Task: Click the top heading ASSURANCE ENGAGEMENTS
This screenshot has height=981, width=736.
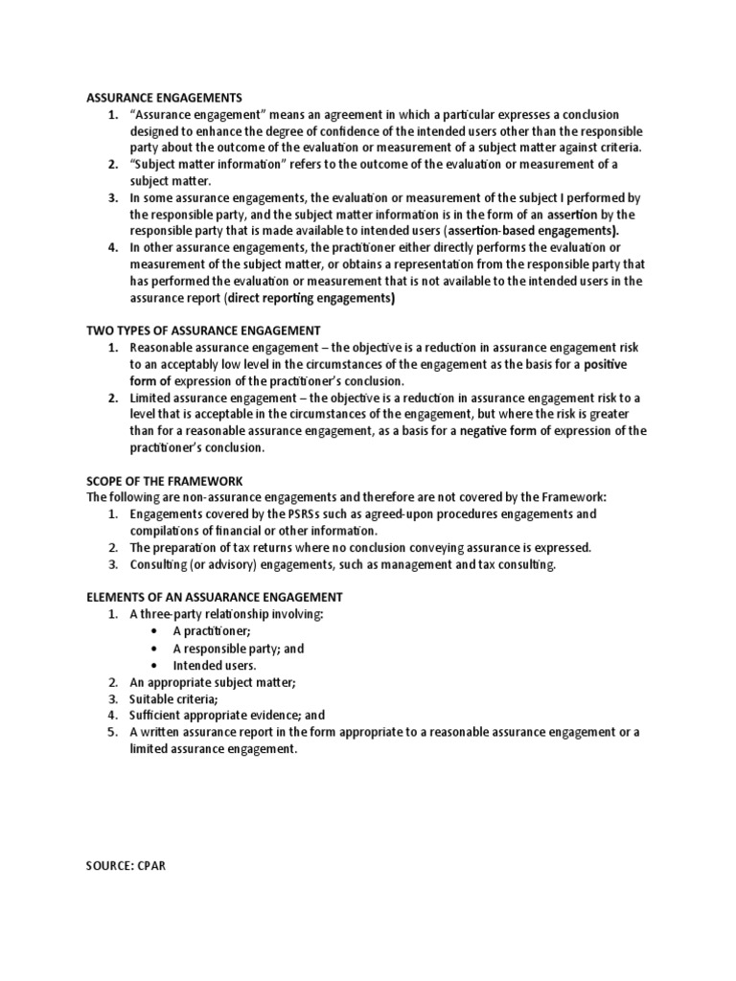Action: pos(164,97)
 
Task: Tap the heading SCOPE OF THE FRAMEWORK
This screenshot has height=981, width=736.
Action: pos(165,480)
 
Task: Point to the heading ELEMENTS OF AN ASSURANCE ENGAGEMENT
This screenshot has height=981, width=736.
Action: pos(215,596)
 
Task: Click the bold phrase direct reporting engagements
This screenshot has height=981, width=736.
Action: pos(310,298)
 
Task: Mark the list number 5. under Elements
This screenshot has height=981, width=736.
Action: pos(111,732)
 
